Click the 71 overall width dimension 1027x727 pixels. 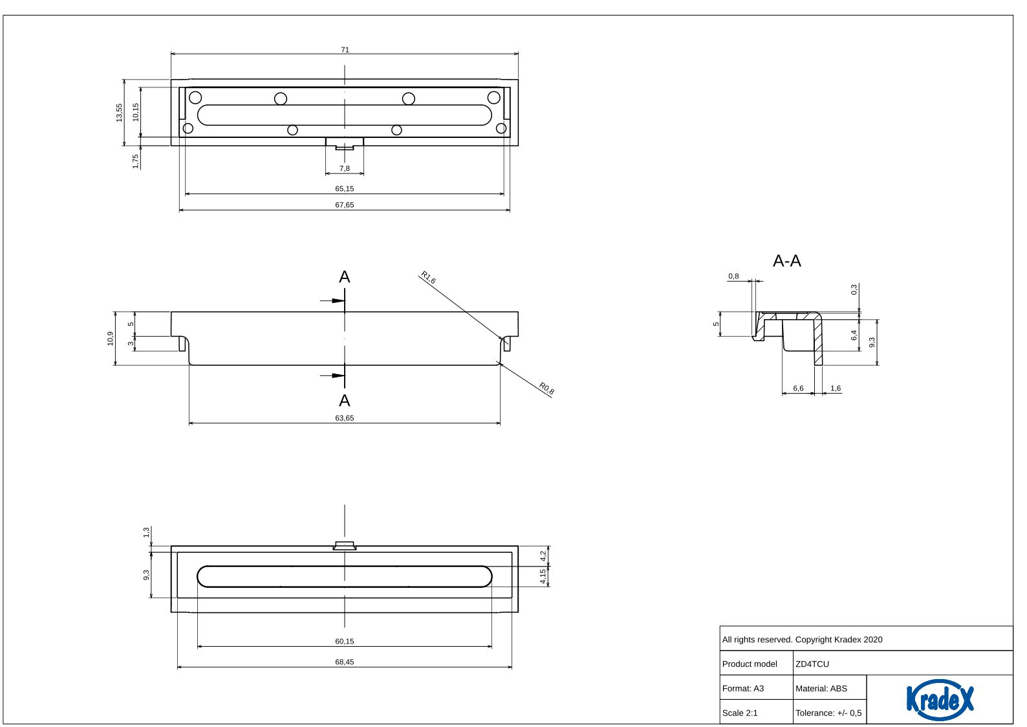click(345, 50)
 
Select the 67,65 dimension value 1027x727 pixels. click(344, 205)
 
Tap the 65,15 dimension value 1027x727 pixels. click(344, 189)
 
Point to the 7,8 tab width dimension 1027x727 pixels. click(344, 168)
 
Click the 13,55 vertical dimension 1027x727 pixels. click(119, 113)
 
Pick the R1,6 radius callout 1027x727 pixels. click(428, 278)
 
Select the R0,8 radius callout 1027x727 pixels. click(546, 388)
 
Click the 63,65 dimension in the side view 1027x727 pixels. click(344, 418)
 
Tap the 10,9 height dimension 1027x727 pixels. click(111, 338)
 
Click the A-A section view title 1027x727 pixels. click(786, 261)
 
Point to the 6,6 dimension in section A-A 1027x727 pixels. click(798, 388)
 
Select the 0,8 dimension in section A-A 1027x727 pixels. click(733, 276)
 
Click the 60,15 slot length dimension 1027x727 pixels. click(344, 642)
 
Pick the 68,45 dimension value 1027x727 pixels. click(344, 662)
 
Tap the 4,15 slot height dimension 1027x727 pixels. click(543, 576)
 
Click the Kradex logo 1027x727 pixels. click(939, 699)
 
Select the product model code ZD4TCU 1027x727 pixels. click(812, 664)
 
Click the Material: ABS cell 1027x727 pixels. click(821, 689)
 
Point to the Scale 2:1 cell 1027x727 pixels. click(740, 713)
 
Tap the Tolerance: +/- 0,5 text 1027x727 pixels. click(828, 713)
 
